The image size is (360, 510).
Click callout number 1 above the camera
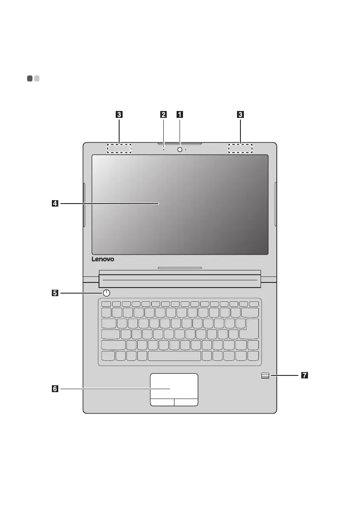(x=180, y=114)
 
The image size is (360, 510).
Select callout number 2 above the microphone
(x=164, y=114)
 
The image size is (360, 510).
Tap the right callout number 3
(x=240, y=114)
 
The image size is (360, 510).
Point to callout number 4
(x=54, y=204)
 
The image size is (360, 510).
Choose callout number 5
(x=54, y=293)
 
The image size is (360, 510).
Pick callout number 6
(x=54, y=389)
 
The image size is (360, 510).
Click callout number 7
(x=304, y=376)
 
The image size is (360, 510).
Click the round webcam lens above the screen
(x=180, y=149)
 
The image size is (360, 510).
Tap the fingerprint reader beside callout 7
(x=265, y=376)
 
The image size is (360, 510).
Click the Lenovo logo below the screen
(x=105, y=260)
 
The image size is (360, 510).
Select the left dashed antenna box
(x=119, y=148)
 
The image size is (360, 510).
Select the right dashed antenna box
(x=240, y=148)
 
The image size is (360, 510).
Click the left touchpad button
(x=162, y=402)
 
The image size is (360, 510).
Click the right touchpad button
(x=186, y=402)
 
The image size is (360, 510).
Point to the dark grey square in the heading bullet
(x=30, y=78)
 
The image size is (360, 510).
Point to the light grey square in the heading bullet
(x=37, y=78)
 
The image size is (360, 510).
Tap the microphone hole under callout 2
(x=164, y=150)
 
